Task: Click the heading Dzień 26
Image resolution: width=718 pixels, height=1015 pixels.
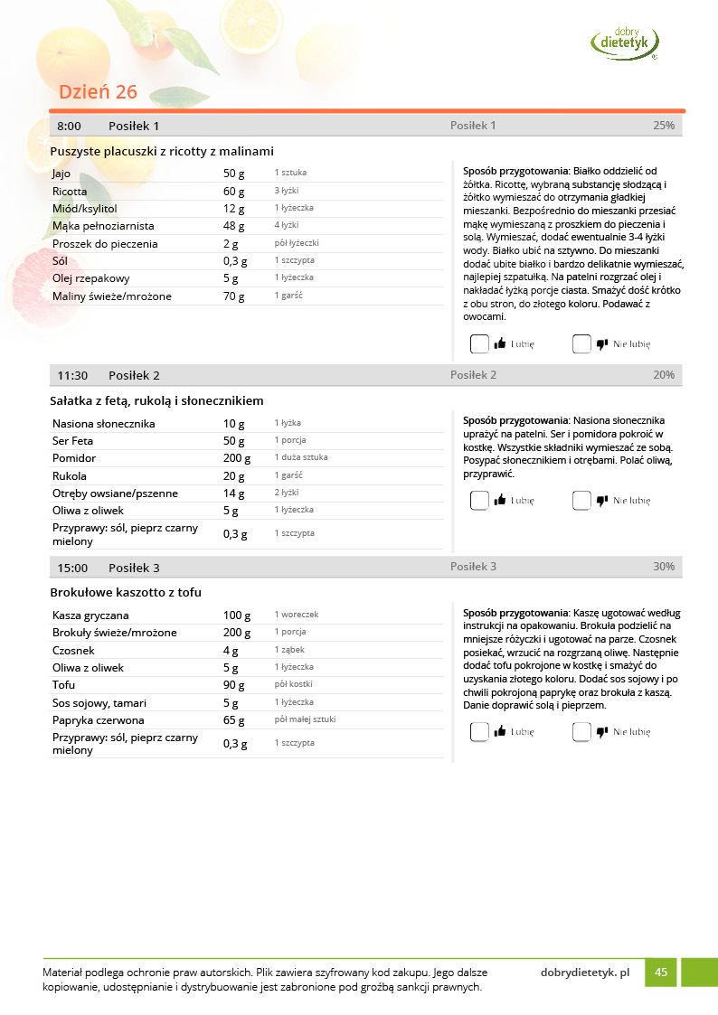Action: tap(98, 92)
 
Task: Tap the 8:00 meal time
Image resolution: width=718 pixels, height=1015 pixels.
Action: tap(69, 126)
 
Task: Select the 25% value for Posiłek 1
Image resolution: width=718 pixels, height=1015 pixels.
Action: tap(664, 126)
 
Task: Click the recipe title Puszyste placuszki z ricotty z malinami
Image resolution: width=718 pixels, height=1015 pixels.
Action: tap(162, 151)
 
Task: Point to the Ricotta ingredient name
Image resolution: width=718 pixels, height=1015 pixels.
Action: tap(70, 192)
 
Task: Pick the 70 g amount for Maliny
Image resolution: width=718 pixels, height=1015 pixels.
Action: tap(234, 296)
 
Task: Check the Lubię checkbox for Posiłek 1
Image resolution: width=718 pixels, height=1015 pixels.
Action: tap(479, 343)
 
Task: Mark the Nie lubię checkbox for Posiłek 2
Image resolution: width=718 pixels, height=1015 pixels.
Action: tap(581, 500)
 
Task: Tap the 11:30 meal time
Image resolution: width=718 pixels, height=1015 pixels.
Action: tap(72, 375)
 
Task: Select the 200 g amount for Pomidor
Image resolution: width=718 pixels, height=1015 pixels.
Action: tap(237, 458)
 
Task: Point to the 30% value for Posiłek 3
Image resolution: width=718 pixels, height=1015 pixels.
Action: tap(664, 567)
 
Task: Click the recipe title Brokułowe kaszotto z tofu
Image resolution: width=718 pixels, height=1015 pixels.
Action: tap(126, 592)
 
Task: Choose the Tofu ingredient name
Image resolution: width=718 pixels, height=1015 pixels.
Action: tap(64, 685)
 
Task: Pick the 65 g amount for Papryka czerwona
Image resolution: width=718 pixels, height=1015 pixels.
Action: tap(234, 720)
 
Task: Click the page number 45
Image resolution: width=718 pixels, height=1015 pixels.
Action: tap(661, 973)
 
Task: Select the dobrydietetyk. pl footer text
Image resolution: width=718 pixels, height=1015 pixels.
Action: tap(584, 973)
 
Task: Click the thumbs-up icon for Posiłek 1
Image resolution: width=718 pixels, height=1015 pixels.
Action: tap(500, 343)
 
